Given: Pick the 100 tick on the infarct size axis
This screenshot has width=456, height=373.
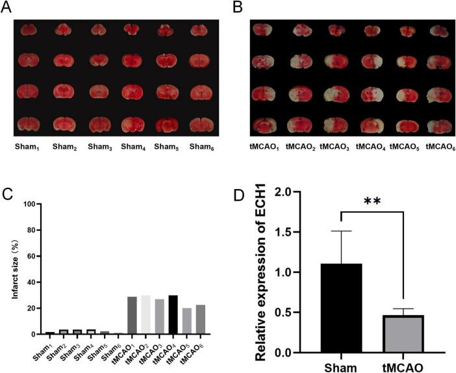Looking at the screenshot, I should pos(30,204).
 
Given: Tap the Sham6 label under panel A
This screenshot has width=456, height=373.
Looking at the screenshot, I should pos(201,147).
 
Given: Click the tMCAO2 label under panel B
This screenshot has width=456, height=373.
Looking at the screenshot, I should pos(301,147).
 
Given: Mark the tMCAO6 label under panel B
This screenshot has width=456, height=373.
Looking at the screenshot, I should pos(438,147).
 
